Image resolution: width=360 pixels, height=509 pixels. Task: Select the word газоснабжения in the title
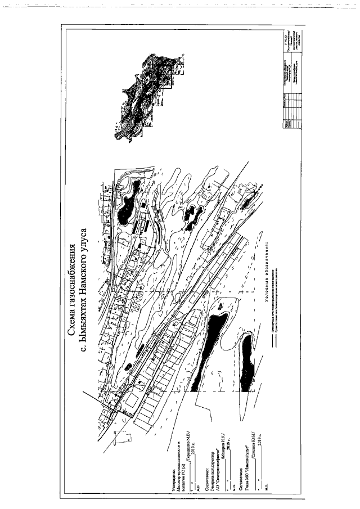72,275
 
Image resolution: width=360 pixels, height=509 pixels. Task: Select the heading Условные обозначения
264,276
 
